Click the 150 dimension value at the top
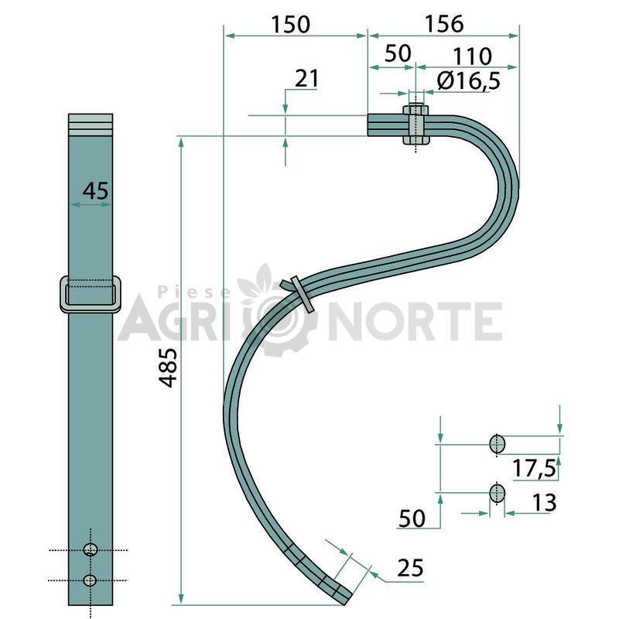coord(291,24)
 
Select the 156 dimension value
coord(444,24)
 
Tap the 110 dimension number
coord(472,56)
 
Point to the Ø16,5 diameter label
coord(469,80)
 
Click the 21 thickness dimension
coord(306,78)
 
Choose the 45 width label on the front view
coord(95,190)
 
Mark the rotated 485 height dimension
coord(168,368)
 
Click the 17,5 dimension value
coord(534,469)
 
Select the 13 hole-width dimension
coord(545,502)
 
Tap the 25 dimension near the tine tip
coord(411,568)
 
